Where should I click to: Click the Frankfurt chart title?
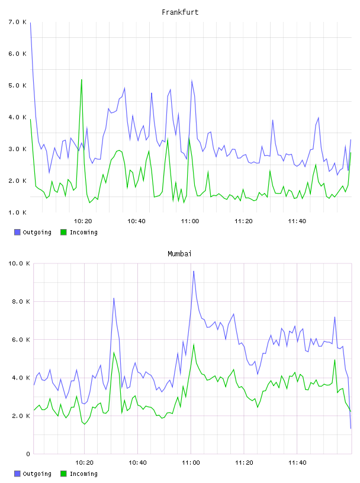(x=180, y=12)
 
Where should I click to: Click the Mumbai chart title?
(x=179, y=254)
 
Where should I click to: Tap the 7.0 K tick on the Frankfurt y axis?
(x=18, y=22)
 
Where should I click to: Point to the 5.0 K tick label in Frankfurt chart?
(x=18, y=85)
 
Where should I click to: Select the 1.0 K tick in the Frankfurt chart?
(x=18, y=212)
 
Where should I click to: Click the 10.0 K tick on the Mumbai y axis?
(x=19, y=263)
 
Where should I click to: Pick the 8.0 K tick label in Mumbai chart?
(x=21, y=301)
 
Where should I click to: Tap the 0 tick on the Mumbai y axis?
(x=28, y=454)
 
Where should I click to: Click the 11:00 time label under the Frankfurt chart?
(x=190, y=221)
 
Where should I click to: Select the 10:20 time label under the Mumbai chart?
(x=84, y=462)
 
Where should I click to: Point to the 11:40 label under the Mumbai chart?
(x=297, y=462)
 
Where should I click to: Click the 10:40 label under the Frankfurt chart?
(x=136, y=221)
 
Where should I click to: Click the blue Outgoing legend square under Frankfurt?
(x=17, y=232)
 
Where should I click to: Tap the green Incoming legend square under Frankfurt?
(x=63, y=232)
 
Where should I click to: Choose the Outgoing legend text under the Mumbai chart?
(x=37, y=474)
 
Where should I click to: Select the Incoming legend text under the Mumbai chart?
(x=83, y=474)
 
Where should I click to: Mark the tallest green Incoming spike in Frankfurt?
(x=81, y=79)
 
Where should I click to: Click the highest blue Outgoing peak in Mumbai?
(x=194, y=271)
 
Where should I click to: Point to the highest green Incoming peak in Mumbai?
(x=194, y=344)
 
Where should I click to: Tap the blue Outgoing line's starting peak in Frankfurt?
(x=30, y=22)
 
